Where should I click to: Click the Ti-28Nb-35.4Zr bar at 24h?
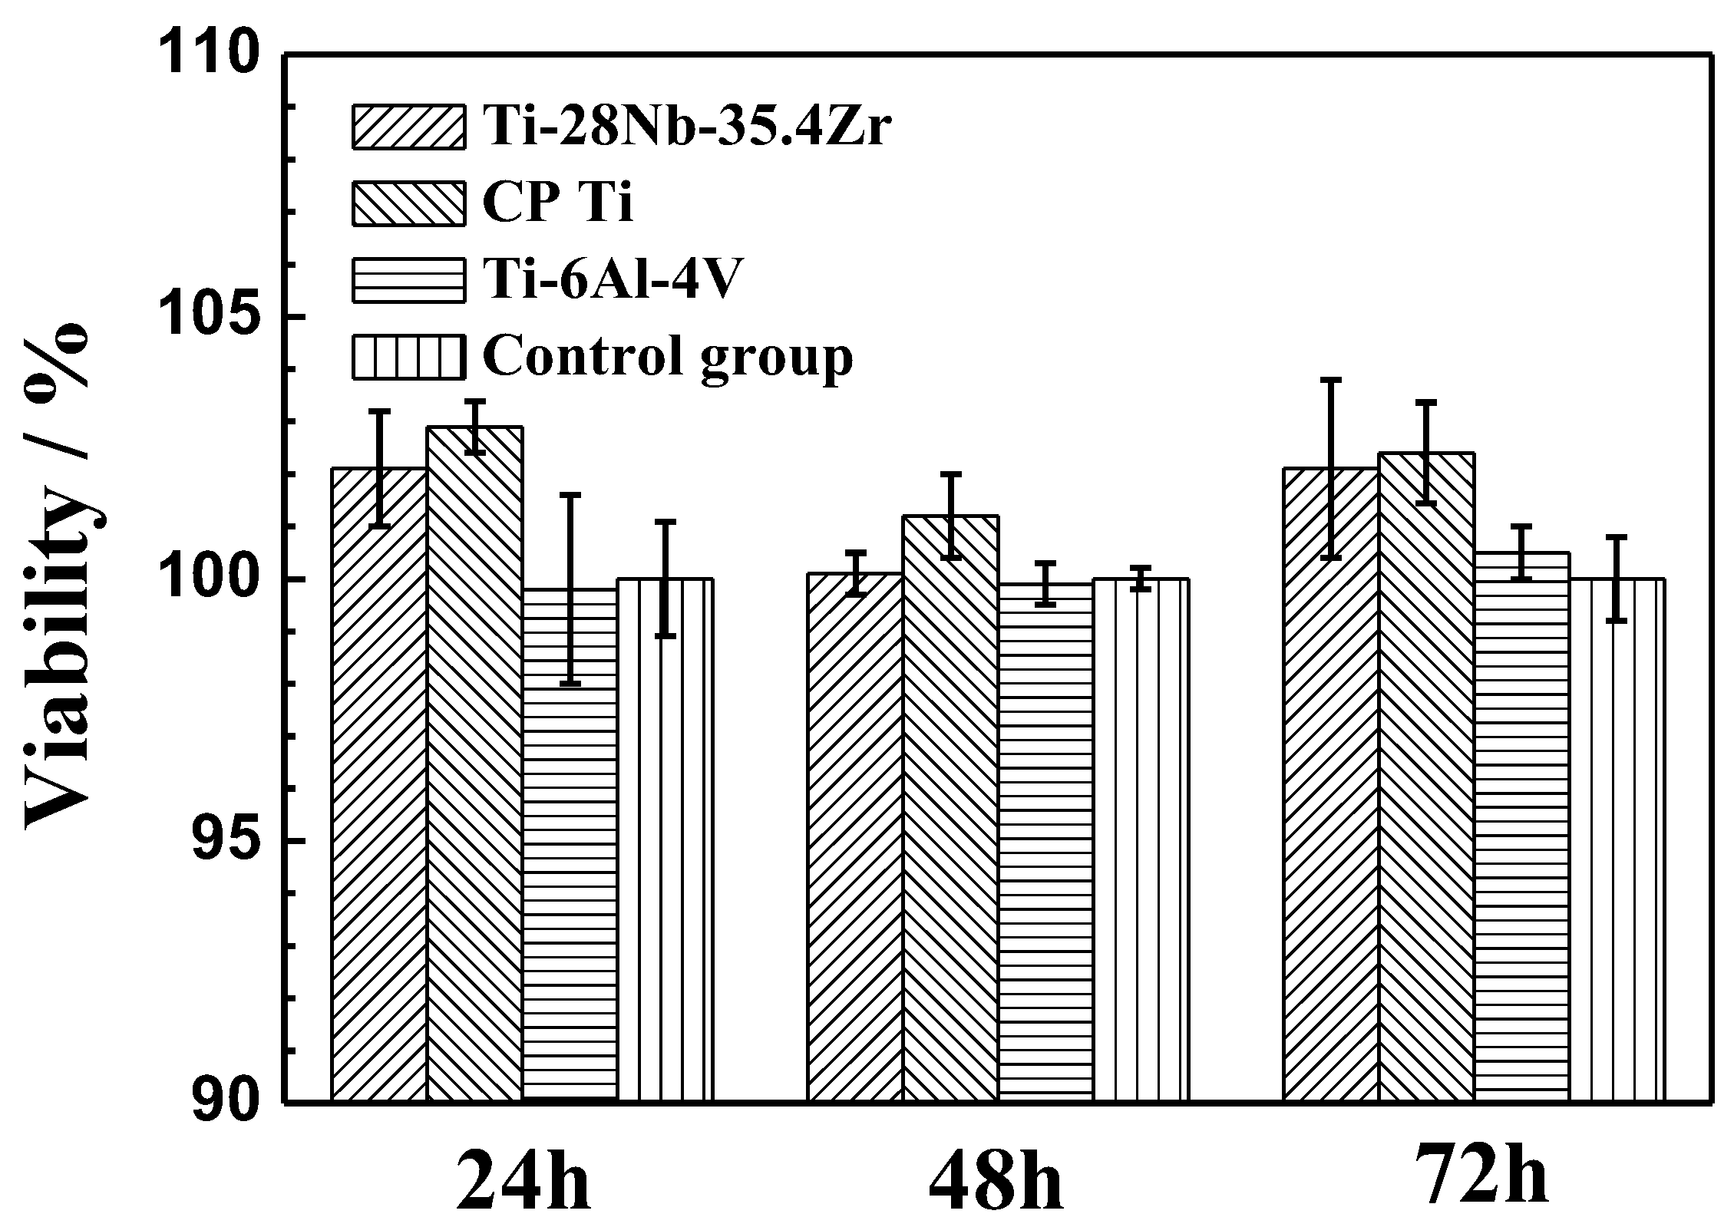click(x=379, y=783)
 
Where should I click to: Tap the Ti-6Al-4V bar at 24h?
click(x=570, y=844)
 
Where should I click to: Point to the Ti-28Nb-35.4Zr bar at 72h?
click(x=1331, y=783)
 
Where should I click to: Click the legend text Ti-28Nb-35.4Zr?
click(x=687, y=127)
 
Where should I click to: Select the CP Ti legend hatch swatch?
click(x=408, y=203)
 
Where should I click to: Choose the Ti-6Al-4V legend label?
click(x=614, y=280)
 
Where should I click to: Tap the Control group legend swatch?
click(x=408, y=357)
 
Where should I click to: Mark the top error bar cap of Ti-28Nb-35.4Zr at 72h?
click(x=1331, y=380)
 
